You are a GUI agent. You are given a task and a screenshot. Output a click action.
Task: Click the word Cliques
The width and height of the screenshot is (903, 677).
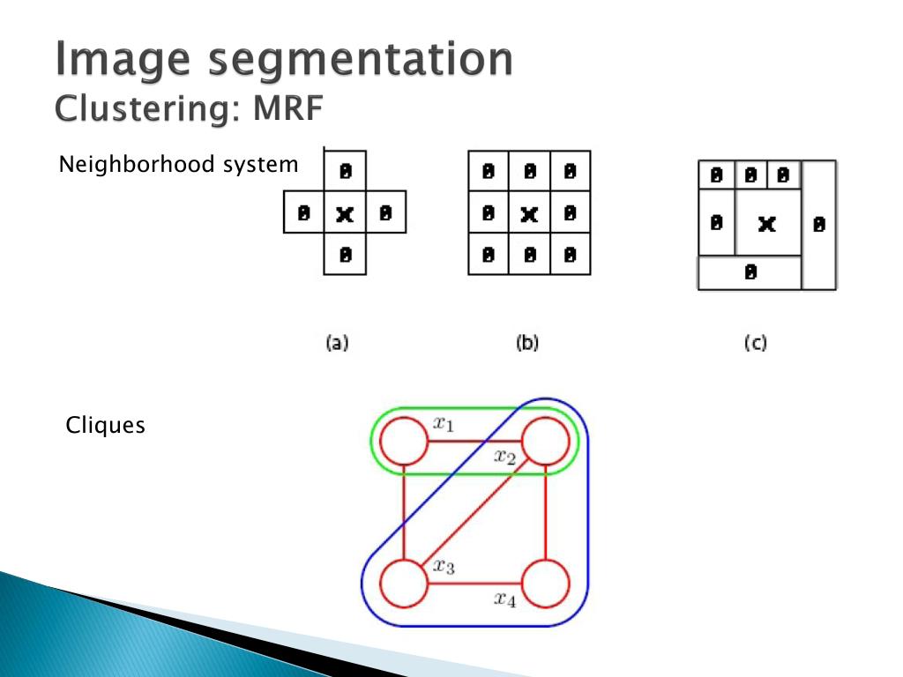click(105, 426)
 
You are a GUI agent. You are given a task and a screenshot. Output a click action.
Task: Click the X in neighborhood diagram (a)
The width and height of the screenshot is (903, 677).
click(345, 212)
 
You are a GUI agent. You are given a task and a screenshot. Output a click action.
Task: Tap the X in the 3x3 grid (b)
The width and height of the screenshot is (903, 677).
click(528, 212)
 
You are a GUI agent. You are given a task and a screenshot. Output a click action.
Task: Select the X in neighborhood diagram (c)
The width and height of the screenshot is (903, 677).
click(766, 224)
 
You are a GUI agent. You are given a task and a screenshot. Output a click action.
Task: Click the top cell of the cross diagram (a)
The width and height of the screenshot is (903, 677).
click(345, 169)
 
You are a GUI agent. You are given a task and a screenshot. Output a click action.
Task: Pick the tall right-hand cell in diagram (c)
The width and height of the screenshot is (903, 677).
click(819, 225)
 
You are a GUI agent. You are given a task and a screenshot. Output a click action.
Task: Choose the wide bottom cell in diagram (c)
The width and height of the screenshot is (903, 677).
click(750, 272)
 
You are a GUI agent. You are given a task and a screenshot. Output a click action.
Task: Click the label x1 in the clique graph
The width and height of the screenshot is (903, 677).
click(443, 424)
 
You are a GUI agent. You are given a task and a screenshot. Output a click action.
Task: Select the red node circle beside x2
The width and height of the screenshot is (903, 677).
click(546, 440)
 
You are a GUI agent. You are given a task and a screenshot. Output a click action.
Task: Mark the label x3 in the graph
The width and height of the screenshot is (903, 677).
click(444, 567)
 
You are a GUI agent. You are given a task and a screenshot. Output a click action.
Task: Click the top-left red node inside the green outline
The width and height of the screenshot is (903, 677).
click(403, 440)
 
